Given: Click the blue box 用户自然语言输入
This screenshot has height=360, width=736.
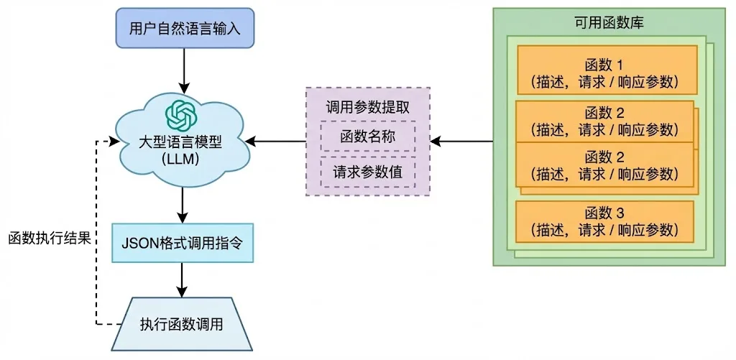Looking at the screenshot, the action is pyautogui.click(x=185, y=29).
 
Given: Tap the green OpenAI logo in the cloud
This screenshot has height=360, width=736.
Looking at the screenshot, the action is pyautogui.click(x=182, y=116).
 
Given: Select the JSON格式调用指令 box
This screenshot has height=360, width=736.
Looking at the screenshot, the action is pyautogui.click(x=182, y=243).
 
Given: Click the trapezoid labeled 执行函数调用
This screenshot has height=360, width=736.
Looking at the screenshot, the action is pyautogui.click(x=182, y=324).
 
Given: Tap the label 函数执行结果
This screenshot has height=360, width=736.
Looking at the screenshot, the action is pyautogui.click(x=50, y=239).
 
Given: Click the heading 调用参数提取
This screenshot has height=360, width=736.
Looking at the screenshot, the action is pyautogui.click(x=367, y=107).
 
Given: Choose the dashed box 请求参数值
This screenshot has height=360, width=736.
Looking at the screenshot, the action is pyautogui.click(x=368, y=171).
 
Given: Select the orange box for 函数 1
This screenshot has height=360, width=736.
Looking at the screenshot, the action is pyautogui.click(x=607, y=70).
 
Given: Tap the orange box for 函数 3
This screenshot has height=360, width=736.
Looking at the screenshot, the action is pyautogui.click(x=604, y=221).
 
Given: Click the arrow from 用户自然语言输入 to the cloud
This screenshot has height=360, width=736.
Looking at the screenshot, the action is pyautogui.click(x=184, y=70).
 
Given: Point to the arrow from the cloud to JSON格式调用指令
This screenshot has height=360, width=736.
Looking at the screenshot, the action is pyautogui.click(x=182, y=205).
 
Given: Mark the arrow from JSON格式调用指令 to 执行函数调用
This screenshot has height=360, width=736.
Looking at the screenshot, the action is pyautogui.click(x=182, y=280).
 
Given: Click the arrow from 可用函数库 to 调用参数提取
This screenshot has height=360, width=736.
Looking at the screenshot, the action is pyautogui.click(x=462, y=140).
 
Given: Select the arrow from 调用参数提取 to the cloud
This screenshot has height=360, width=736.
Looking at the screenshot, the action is pyautogui.click(x=275, y=140).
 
